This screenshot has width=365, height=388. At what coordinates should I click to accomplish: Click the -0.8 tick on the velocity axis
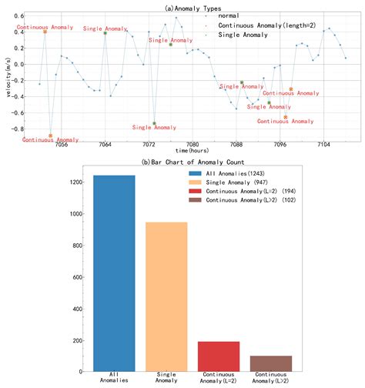pos(18,129)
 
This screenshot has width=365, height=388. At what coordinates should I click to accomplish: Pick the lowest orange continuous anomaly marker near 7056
pos(51,135)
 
